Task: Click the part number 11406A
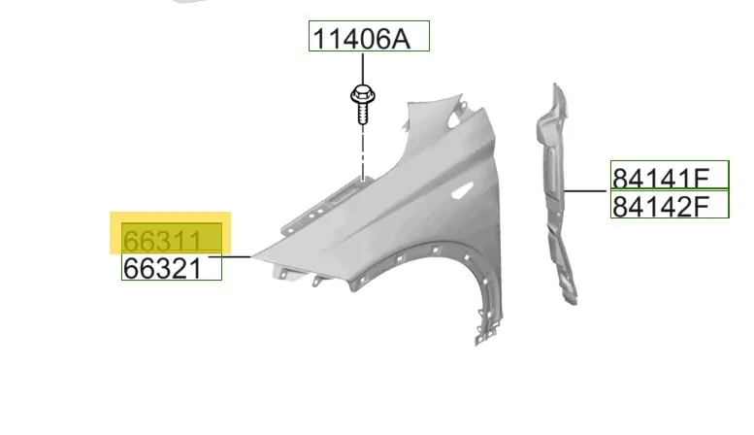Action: point(362,39)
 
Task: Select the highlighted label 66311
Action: point(162,241)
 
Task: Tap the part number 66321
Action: point(162,269)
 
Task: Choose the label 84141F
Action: point(661,178)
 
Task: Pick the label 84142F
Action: point(661,207)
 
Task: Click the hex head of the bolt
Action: point(363,95)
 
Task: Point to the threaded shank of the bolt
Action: point(363,114)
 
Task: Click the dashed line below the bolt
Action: point(363,153)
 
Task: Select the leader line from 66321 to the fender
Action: point(230,257)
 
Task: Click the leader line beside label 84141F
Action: point(585,191)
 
